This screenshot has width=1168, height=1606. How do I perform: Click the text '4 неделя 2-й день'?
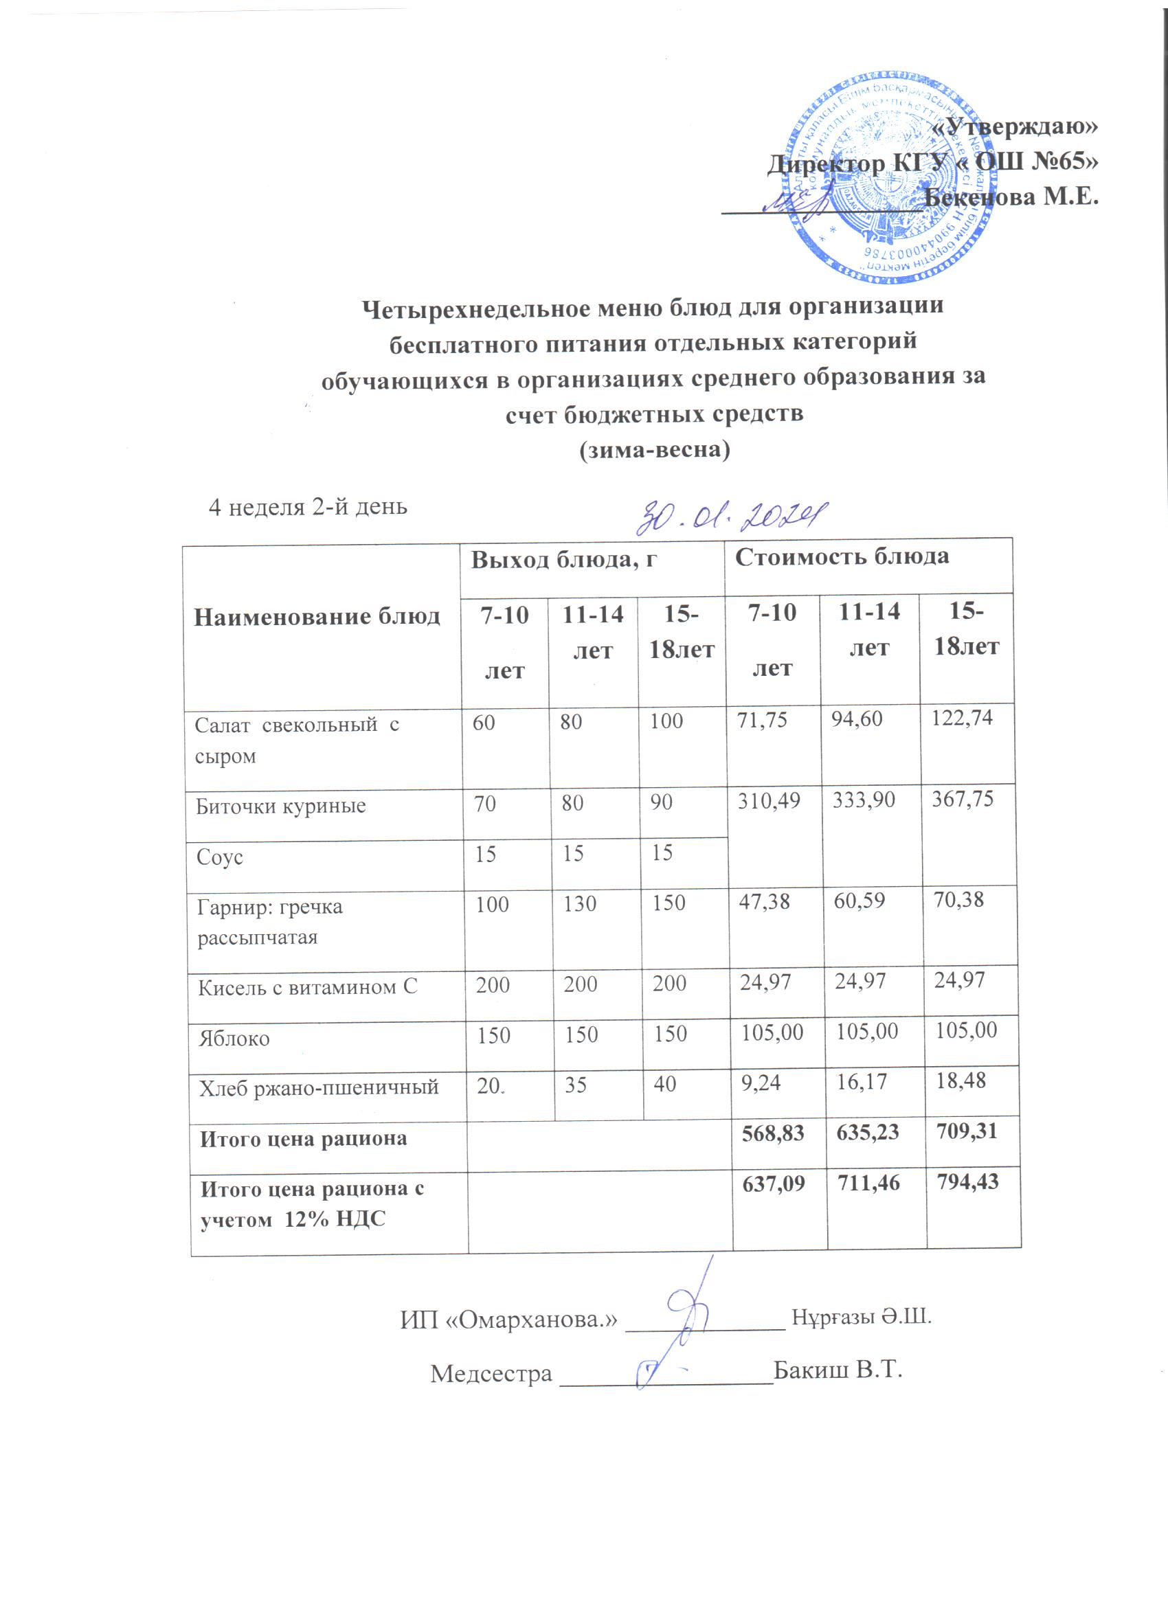pyautogui.click(x=307, y=507)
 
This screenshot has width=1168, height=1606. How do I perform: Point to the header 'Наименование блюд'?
pyautogui.click(x=317, y=617)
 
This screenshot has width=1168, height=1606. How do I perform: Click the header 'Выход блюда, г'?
pyautogui.click(x=564, y=559)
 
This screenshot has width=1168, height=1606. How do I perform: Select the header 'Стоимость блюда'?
pyautogui.click(x=842, y=556)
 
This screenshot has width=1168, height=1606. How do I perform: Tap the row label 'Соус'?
pyautogui.click(x=220, y=857)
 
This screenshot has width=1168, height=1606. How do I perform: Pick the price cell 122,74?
pyautogui.click(x=962, y=719)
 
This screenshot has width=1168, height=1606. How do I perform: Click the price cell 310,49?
pyautogui.click(x=769, y=801)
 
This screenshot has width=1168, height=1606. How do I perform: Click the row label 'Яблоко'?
pyautogui.click(x=234, y=1039)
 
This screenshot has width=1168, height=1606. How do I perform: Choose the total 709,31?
pyautogui.click(x=966, y=1131)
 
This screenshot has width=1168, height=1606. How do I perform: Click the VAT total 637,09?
pyautogui.click(x=773, y=1184)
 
